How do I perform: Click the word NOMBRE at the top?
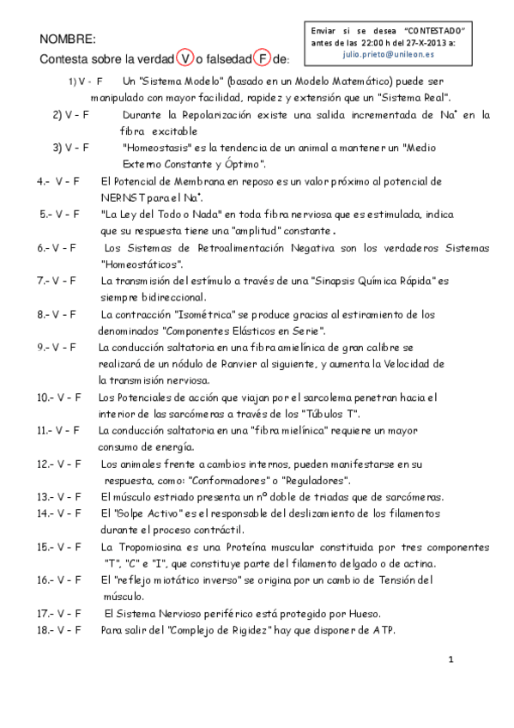click(x=68, y=39)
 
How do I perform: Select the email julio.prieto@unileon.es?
click(x=383, y=53)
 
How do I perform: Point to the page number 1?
click(x=450, y=659)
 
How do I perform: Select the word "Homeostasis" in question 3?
click(x=160, y=147)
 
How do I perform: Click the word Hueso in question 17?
click(x=361, y=612)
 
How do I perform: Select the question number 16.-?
click(x=47, y=579)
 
